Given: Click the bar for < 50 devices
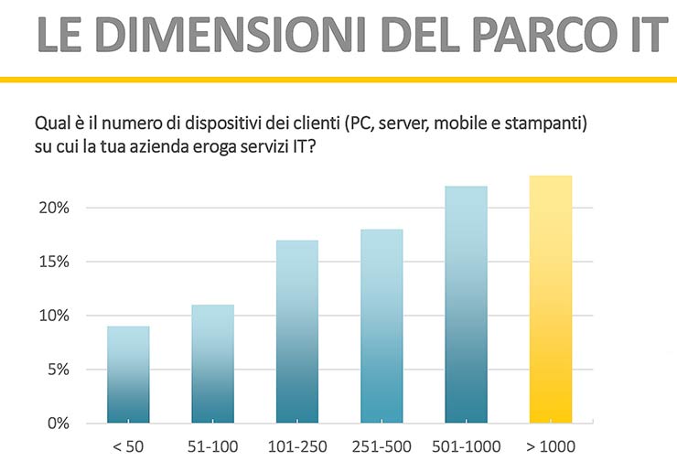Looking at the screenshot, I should [128, 375].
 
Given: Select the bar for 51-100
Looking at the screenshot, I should [212, 364].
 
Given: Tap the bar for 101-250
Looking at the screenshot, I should [297, 332].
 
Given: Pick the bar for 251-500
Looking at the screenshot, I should [381, 327].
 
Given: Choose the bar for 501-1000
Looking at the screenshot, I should [466, 305].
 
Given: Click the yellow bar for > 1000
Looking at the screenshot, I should [551, 299].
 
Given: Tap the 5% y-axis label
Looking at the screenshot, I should [59, 370].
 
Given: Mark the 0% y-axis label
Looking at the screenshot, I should [59, 423].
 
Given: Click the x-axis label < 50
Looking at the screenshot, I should [128, 448].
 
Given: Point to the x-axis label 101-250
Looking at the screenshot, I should [297, 448].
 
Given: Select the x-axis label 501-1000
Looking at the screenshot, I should [466, 448].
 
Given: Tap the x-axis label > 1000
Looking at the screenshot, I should [551, 448].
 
